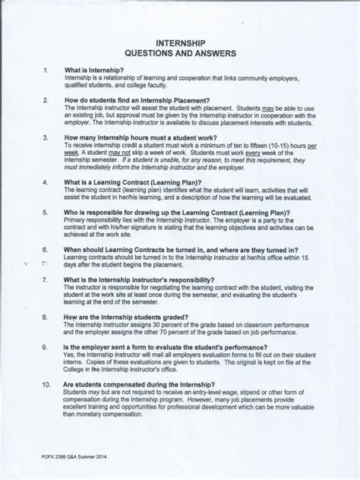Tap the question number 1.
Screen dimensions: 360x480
tap(46, 71)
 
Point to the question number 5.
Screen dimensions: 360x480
tap(46, 213)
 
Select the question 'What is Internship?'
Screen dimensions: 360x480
tap(94, 71)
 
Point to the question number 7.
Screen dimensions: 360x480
tap(46, 279)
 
